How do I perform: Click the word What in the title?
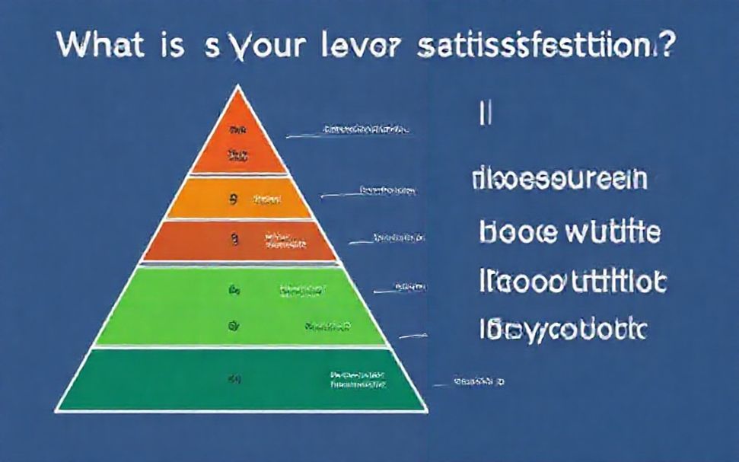point(99,45)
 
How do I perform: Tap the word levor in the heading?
point(356,46)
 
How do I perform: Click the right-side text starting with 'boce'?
point(570,231)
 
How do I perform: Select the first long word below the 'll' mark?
point(559,180)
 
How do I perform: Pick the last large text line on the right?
point(563,329)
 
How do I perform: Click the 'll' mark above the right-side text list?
point(486,113)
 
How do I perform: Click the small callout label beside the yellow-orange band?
point(388,191)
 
